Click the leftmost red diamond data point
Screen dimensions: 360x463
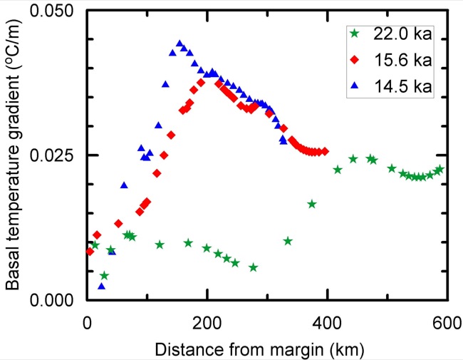89,251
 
